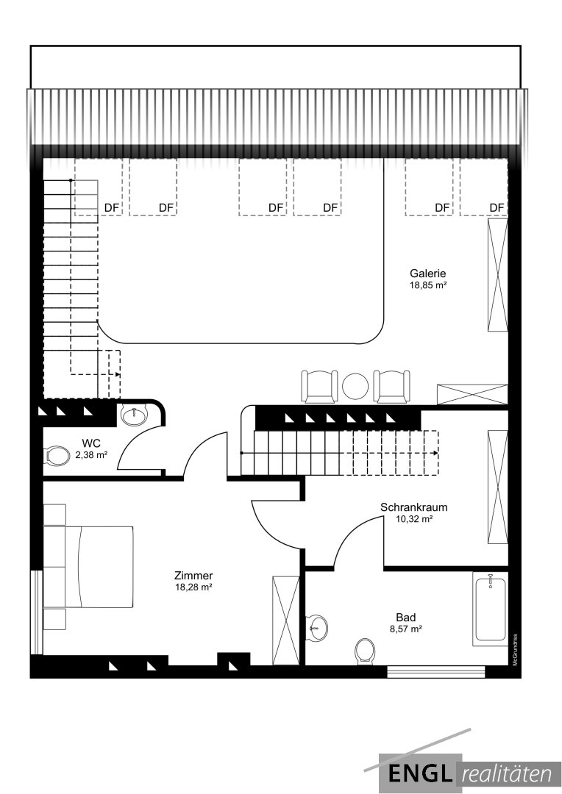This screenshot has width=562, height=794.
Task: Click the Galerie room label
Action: coord(428,273)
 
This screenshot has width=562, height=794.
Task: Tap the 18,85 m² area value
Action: coord(428,285)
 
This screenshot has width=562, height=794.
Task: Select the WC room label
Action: coord(91,443)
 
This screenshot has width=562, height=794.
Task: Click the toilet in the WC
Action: coord(58,455)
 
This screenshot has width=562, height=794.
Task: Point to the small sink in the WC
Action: coord(135,415)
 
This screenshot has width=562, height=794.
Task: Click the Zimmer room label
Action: coord(193,576)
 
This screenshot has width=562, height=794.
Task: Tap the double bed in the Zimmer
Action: coord(88,567)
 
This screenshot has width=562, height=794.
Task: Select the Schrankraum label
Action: coord(414,507)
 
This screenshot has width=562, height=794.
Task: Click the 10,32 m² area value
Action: coord(414,519)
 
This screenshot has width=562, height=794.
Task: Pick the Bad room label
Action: coord(406,618)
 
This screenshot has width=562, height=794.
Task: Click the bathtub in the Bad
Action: coord(490,609)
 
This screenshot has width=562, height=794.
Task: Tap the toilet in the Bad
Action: coord(365,651)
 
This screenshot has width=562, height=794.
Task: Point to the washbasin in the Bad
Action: coord(318,627)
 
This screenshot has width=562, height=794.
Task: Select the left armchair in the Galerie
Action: coord(319,387)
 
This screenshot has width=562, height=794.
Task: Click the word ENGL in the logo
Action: coord(419,773)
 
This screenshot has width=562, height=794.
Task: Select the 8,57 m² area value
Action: coord(406,629)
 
